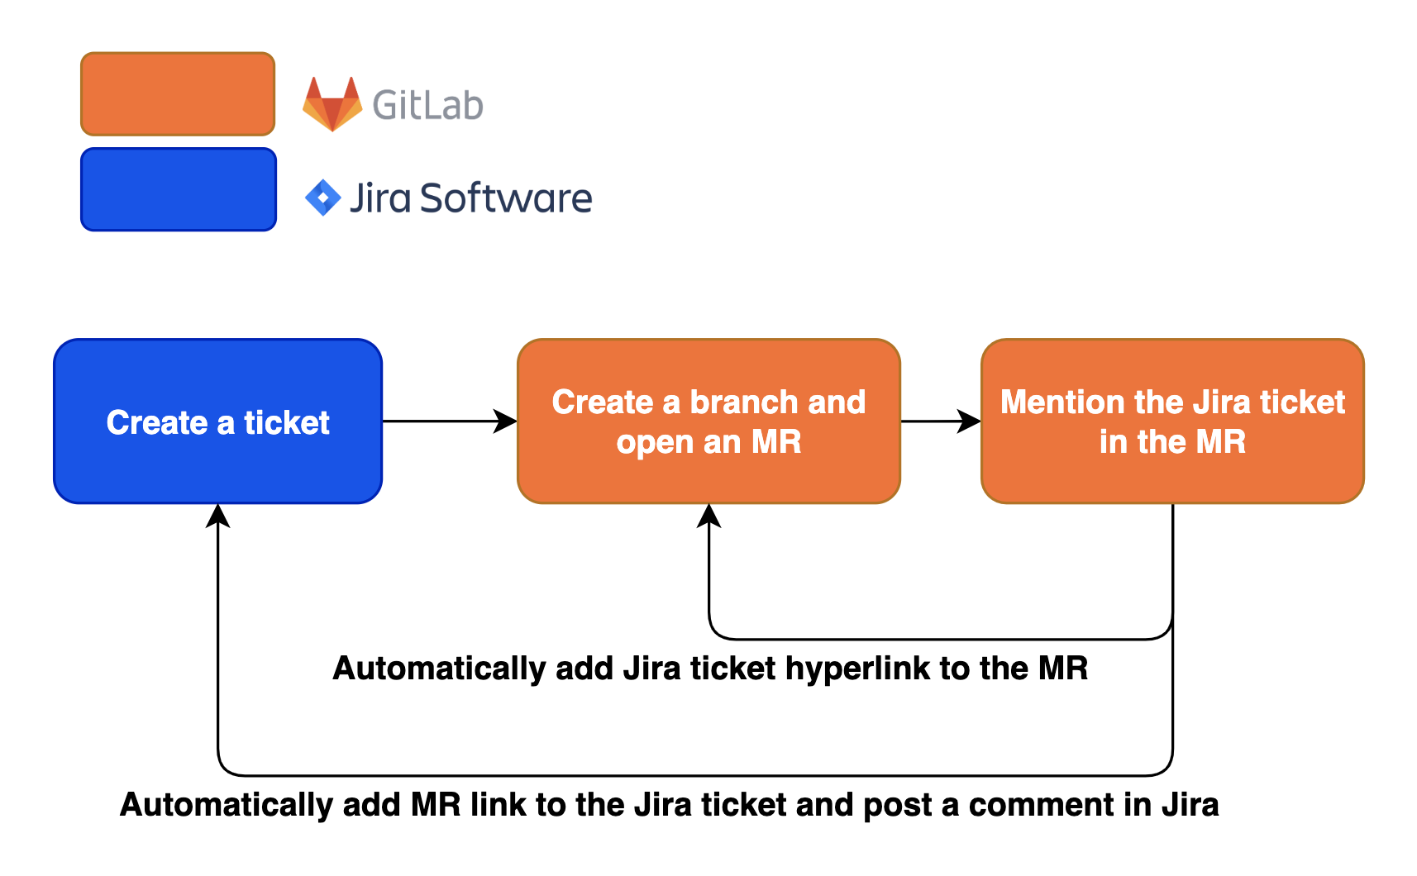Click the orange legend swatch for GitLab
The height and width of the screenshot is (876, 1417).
[x=178, y=93]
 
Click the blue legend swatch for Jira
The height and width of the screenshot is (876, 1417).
[x=179, y=189]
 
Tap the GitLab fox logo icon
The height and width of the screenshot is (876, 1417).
[x=332, y=104]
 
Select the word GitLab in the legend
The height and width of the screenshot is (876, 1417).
[x=427, y=105]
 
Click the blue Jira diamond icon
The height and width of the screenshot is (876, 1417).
[x=323, y=198]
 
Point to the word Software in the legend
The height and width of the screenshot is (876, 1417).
[x=506, y=198]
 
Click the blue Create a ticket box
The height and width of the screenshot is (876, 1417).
[x=218, y=421]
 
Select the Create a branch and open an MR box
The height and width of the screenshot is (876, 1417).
[x=708, y=421]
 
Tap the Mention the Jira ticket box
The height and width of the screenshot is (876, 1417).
[x=1172, y=421]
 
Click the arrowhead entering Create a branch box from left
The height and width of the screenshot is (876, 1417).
[x=506, y=421]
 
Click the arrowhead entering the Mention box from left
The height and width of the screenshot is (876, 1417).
[x=970, y=421]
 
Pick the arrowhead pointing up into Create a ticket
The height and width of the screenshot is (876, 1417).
[x=218, y=516]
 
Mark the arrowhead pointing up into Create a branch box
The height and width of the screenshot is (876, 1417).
[x=709, y=516]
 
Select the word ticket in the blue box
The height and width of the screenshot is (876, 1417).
[x=287, y=422]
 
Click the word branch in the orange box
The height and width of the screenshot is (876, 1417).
[x=744, y=402]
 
